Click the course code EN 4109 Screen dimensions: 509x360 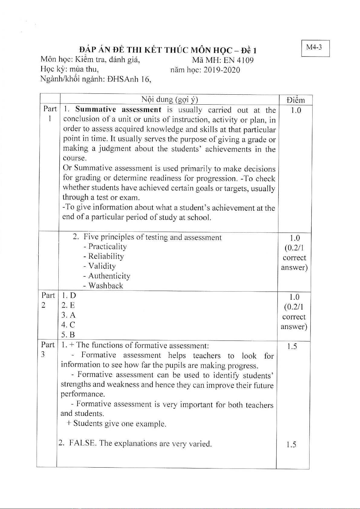click(238, 60)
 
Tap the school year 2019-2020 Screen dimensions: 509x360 click(222, 70)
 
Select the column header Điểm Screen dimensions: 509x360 click(296, 100)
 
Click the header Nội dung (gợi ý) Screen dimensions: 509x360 click(170, 100)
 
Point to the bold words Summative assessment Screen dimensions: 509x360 click(118, 109)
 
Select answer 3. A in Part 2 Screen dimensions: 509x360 click(69, 315)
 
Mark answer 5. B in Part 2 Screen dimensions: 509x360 click(68, 335)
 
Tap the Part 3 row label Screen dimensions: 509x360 click(47, 349)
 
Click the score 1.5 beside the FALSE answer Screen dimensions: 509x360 click(291, 444)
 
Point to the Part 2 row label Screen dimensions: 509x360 click(48, 300)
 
